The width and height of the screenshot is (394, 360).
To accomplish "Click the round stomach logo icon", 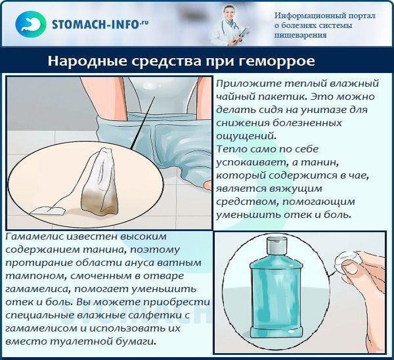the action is pyautogui.click(x=31, y=24).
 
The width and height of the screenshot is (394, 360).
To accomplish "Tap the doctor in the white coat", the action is pyautogui.click(x=228, y=26).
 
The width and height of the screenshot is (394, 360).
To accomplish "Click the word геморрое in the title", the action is pyautogui.click(x=276, y=62).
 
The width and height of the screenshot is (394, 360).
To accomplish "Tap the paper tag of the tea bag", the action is pyautogui.click(x=47, y=211).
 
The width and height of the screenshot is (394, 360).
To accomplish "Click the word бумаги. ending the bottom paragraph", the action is pyautogui.click(x=136, y=342).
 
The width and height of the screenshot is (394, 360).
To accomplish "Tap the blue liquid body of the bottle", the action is pyautogui.click(x=276, y=297).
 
